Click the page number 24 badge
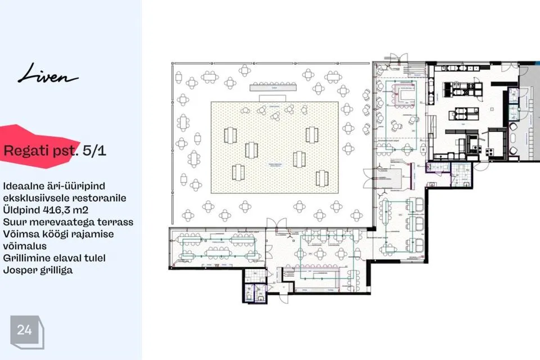click(x=24, y=330)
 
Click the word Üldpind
click(x=22, y=210)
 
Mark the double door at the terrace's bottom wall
click(x=272, y=223)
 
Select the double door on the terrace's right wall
click(x=368, y=177)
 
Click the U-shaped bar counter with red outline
click(x=403, y=93)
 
